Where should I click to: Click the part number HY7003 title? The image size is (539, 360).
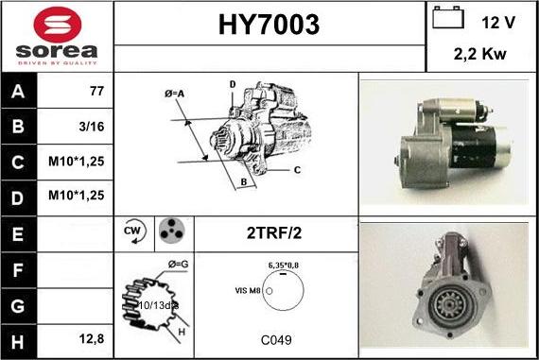click(269, 25)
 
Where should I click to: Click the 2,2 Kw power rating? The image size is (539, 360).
click(480, 54)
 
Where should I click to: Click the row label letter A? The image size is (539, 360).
click(19, 92)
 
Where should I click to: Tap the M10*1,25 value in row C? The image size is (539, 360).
click(76, 161)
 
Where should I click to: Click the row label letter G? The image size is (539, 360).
click(19, 306)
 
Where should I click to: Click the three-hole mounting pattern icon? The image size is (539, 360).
click(170, 231)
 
